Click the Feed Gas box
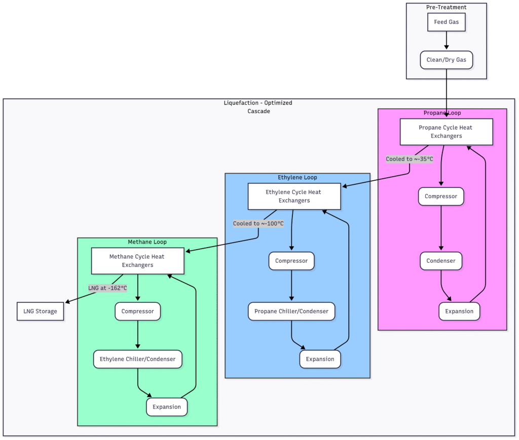pyautogui.click(x=446, y=22)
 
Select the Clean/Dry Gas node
pyautogui.click(x=446, y=60)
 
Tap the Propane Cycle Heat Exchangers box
pyautogui.click(x=446, y=132)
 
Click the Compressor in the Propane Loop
pyautogui.click(x=441, y=196)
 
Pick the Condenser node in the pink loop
pyautogui.click(x=441, y=261)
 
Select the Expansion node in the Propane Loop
pyautogui.click(x=459, y=311)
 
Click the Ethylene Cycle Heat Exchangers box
pyautogui.click(x=293, y=196)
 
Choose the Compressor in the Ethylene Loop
pyautogui.click(x=291, y=261)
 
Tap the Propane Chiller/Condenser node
pyautogui.click(x=291, y=311)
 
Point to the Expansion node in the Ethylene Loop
pyautogui.click(x=320, y=359)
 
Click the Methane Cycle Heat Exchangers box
pyautogui.click(x=137, y=261)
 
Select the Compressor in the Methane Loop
pyautogui.click(x=137, y=311)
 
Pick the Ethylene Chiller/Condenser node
pyautogui.click(x=137, y=359)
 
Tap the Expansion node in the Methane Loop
pyautogui.click(x=167, y=407)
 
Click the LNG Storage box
pyautogui.click(x=41, y=311)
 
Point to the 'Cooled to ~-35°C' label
pyautogui.click(x=410, y=159)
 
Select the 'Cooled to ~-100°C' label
pyautogui.click(x=258, y=223)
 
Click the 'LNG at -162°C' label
pyautogui.click(x=107, y=288)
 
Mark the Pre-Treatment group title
pyautogui.click(x=446, y=8)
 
